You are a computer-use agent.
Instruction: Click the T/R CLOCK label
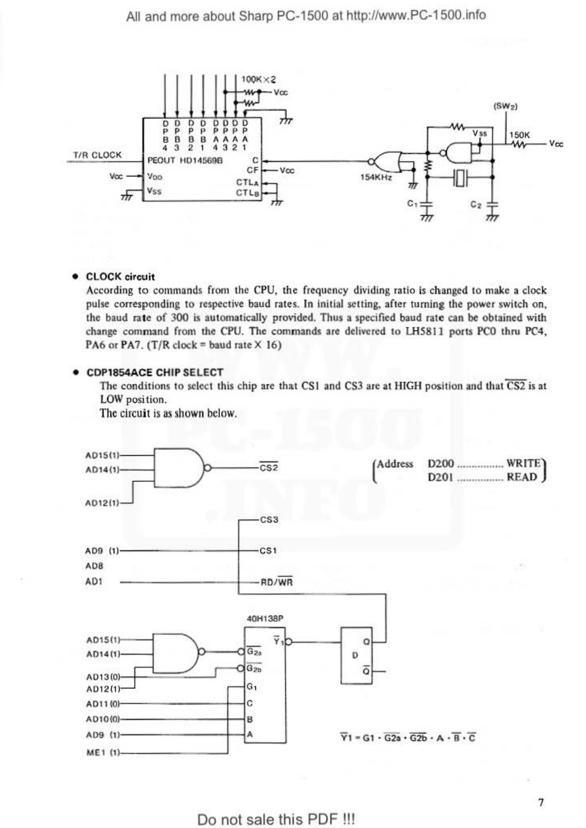97,155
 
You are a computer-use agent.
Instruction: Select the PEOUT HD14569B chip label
185,160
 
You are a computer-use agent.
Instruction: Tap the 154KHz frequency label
376,177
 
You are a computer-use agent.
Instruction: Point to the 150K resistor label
520,135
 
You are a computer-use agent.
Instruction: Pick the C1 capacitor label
412,203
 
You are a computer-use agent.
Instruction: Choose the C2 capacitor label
476,204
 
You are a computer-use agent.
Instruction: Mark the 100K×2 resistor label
258,79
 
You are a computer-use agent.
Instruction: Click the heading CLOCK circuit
120,276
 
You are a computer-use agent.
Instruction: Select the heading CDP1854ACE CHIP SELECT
154,372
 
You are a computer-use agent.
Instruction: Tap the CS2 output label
269,468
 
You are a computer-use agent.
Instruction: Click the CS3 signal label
269,520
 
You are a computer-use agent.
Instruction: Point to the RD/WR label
277,582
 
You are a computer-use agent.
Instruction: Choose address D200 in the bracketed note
441,464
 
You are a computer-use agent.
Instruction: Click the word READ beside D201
522,477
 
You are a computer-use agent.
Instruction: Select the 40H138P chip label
265,619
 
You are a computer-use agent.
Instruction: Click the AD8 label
94,566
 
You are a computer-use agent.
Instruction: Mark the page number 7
541,803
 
